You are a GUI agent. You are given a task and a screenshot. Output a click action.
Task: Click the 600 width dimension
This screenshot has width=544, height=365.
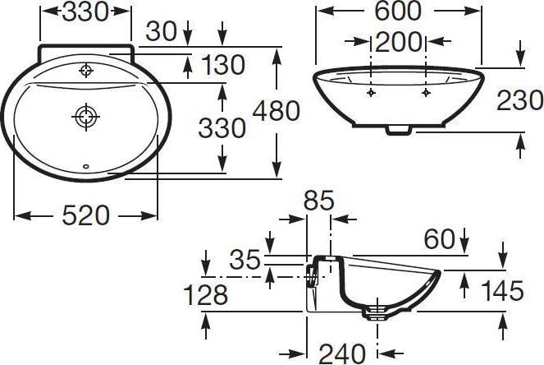[x=398, y=11]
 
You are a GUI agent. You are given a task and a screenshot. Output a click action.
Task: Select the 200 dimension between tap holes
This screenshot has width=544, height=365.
[x=398, y=42]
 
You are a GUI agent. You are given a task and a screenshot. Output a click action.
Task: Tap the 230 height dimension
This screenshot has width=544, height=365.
[x=519, y=100]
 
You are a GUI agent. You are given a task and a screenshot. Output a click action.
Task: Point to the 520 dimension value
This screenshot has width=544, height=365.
[x=85, y=215]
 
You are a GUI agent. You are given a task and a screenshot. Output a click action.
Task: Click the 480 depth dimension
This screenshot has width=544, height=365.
[x=277, y=111]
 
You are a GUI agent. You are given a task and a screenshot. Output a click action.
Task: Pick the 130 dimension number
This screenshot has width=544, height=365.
[x=223, y=65]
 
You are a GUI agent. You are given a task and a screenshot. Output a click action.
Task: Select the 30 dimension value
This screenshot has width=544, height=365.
[x=162, y=31]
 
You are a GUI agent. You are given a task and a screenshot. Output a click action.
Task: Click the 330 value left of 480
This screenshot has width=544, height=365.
[x=222, y=128]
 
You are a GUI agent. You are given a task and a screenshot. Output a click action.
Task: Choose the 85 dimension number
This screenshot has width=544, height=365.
[x=319, y=201]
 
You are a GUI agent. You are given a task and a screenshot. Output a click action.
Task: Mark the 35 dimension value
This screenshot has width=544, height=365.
[x=245, y=259]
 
